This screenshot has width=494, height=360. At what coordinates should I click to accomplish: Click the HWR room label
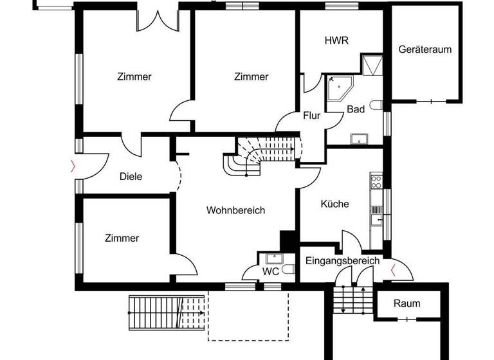click(336, 40)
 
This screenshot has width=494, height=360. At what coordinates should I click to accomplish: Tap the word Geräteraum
click(425, 50)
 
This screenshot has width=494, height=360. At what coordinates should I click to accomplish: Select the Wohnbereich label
click(235, 210)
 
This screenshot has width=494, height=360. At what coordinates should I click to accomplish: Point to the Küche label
click(334, 204)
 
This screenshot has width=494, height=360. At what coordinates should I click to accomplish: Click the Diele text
click(131, 176)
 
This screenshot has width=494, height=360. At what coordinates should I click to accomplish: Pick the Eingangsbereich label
click(342, 261)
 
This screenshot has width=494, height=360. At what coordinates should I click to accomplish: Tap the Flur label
click(312, 116)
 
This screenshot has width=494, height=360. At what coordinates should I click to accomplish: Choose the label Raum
click(407, 303)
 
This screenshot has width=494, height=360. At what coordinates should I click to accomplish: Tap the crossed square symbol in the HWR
click(372, 66)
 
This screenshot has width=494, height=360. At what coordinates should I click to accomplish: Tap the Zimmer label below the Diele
click(122, 239)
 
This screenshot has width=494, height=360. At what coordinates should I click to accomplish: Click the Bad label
click(356, 109)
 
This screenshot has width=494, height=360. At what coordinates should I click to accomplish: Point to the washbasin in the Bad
click(358, 138)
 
